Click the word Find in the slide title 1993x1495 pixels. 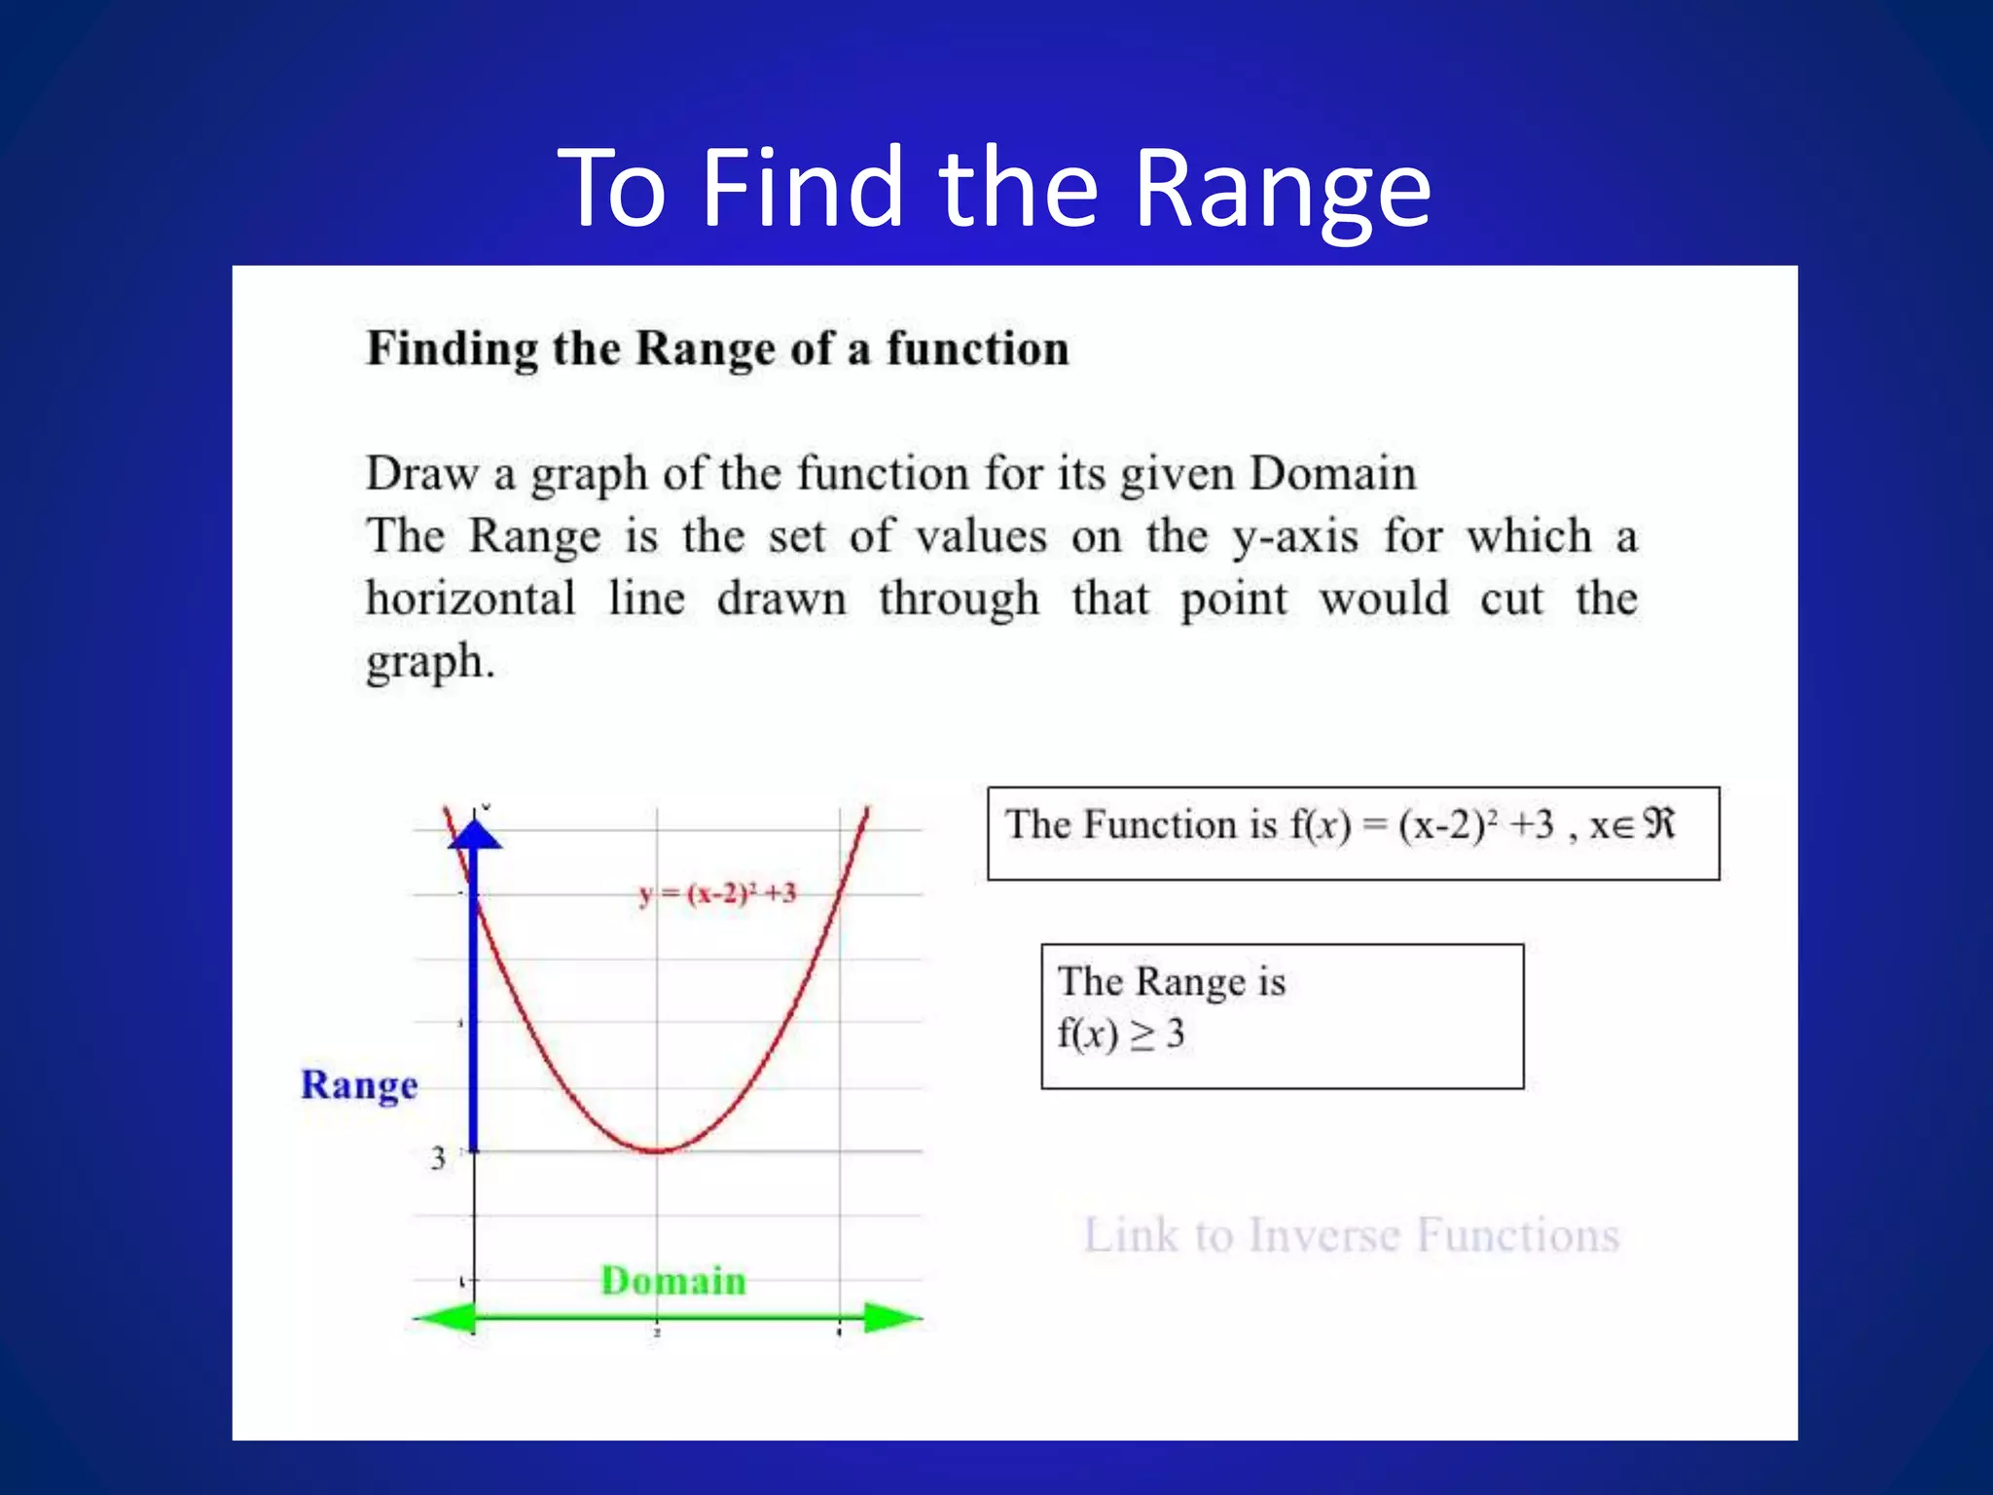[x=802, y=188]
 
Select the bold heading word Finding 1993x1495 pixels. [x=452, y=349]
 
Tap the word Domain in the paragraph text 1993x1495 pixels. [x=1332, y=474]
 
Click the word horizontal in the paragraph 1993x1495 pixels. [x=470, y=598]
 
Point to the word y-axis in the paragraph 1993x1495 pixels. [x=1294, y=537]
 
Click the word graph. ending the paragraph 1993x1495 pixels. [x=430, y=662]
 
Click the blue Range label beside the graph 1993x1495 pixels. [x=359, y=1085]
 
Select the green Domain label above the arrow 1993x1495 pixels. [x=673, y=1281]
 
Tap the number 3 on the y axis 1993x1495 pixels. [x=439, y=1158]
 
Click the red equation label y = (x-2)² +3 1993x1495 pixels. [x=717, y=893]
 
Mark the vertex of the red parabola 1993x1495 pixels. [x=658, y=1151]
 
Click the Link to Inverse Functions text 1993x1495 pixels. [x=1351, y=1235]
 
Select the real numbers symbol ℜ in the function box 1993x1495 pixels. [x=1658, y=824]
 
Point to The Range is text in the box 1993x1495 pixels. [x=1171, y=981]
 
